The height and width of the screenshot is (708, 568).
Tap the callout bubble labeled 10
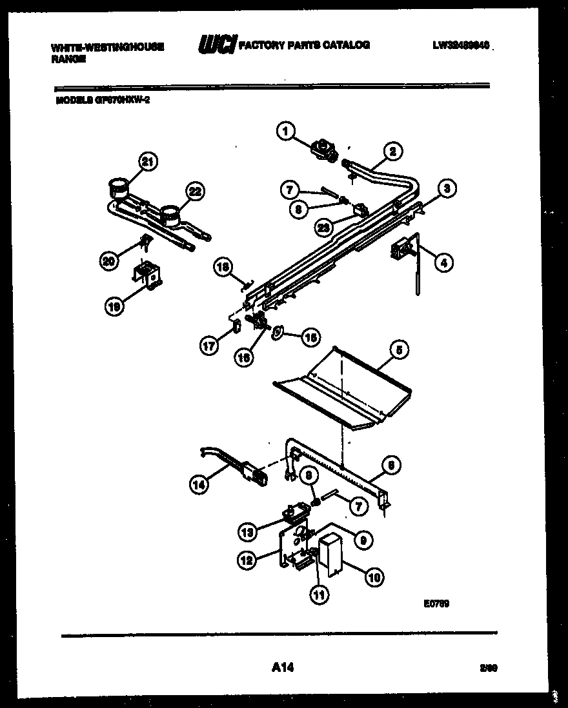374,577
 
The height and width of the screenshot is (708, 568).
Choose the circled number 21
148,163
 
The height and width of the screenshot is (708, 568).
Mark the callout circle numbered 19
114,308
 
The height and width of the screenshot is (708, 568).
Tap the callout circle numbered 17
208,345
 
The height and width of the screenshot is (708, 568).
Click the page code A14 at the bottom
279,669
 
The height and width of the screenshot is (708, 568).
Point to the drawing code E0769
436,604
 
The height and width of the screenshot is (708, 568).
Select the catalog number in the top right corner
462,46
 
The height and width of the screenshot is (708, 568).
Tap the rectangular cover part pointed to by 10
333,552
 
